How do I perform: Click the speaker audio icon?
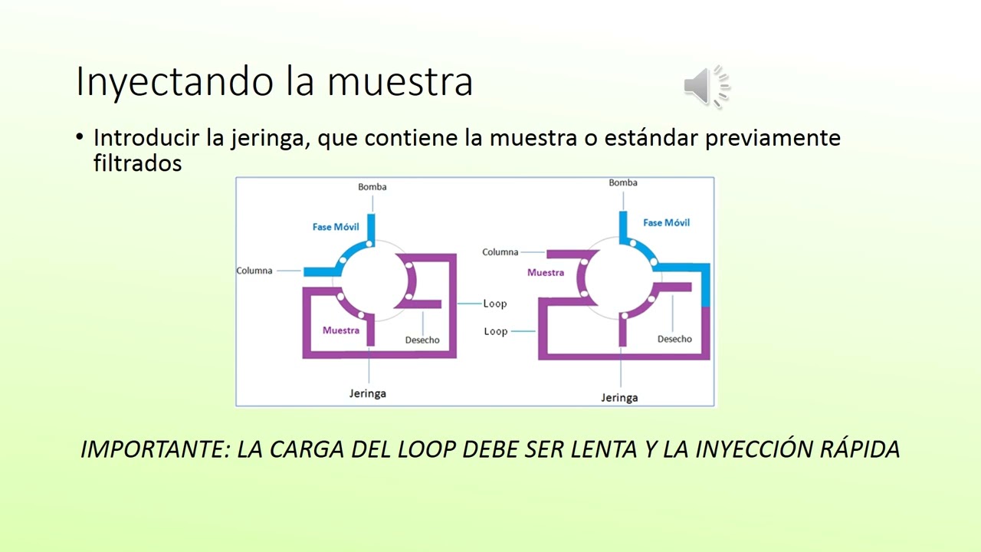pyautogui.click(x=707, y=85)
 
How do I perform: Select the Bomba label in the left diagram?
pyautogui.click(x=372, y=187)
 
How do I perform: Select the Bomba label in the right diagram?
pyautogui.click(x=623, y=182)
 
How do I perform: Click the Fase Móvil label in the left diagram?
pyautogui.click(x=336, y=227)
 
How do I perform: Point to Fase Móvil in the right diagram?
pyautogui.click(x=666, y=222)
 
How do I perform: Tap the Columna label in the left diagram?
pyautogui.click(x=254, y=271)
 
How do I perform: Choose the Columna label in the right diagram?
pyautogui.click(x=500, y=252)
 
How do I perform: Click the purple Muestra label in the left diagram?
pyautogui.click(x=341, y=330)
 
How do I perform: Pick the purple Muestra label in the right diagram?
pyautogui.click(x=546, y=272)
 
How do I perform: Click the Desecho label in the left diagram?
pyautogui.click(x=422, y=340)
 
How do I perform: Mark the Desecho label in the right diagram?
pyautogui.click(x=674, y=339)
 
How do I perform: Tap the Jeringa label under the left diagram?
pyautogui.click(x=368, y=393)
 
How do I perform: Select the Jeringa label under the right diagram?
pyautogui.click(x=619, y=398)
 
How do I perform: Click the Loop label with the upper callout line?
pyautogui.click(x=495, y=304)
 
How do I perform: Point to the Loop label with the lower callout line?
pyautogui.click(x=496, y=331)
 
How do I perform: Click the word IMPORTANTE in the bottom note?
pyautogui.click(x=154, y=449)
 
